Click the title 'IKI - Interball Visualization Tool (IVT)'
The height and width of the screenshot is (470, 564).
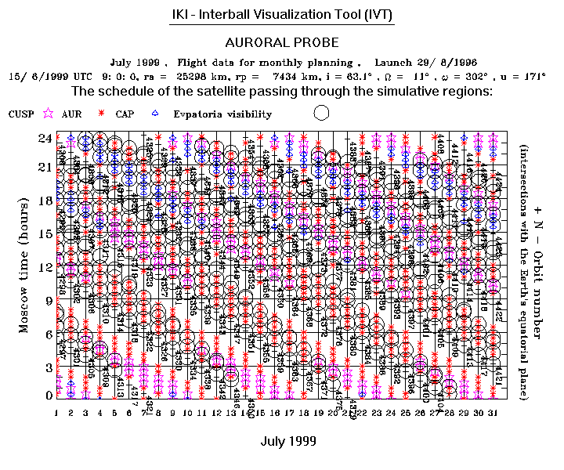[x=282, y=15]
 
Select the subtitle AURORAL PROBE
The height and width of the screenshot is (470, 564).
[x=282, y=42]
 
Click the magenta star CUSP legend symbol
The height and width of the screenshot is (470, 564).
[x=49, y=114]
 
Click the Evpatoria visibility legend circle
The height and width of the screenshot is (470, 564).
[x=320, y=113]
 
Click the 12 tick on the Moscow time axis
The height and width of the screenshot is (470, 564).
[x=45, y=267]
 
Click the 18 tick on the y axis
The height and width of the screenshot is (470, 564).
[x=45, y=201]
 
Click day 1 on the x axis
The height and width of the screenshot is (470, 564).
[x=57, y=412]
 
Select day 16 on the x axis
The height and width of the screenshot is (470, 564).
[x=275, y=412]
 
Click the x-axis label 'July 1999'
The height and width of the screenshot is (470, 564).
[x=287, y=442]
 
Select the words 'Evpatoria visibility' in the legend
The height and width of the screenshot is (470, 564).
[x=222, y=114]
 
